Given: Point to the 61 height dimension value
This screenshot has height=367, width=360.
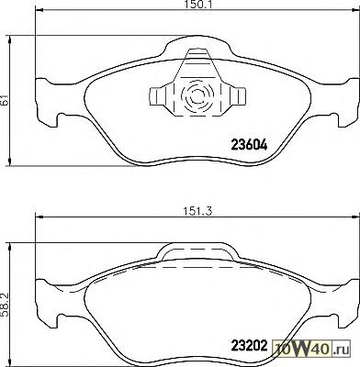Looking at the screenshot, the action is click(x=5, y=99).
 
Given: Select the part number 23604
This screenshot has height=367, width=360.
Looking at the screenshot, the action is click(x=249, y=145).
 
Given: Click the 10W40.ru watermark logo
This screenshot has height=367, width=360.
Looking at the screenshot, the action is click(x=311, y=349).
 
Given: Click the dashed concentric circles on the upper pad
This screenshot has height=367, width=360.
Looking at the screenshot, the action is click(x=196, y=96).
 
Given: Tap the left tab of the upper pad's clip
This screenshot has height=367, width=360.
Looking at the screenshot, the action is click(x=158, y=96).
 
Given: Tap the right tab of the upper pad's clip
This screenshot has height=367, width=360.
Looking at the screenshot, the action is click(x=235, y=96).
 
